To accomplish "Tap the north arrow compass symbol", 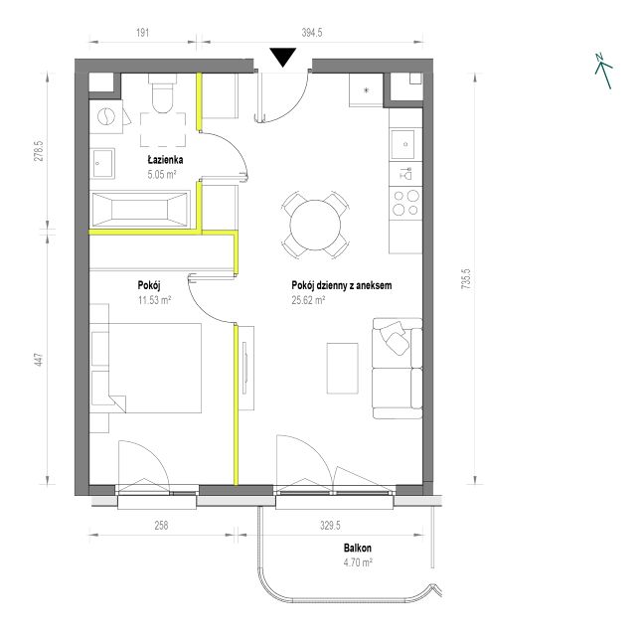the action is pos(603,71).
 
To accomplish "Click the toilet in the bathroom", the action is pos(162,93).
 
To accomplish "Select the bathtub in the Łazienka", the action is pos(140,209).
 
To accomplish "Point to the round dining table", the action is pos(315,225).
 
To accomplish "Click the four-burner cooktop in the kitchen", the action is pos(405,203).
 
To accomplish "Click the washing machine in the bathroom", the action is pos(106,116).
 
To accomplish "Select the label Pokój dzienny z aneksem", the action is pos(341,285).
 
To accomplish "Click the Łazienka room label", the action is pos(165,159).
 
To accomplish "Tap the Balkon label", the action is pos(358,548).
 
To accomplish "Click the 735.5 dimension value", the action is pos(466,279).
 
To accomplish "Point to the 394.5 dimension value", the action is pos(312,33).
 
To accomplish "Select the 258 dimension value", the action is pos(161,526).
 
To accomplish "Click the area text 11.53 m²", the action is pos(154,300).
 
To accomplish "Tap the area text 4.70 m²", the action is pos(358,562).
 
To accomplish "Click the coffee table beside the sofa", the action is pos(343,369).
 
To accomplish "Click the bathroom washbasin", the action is pos(102,164).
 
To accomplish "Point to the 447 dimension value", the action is pos(39,360).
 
